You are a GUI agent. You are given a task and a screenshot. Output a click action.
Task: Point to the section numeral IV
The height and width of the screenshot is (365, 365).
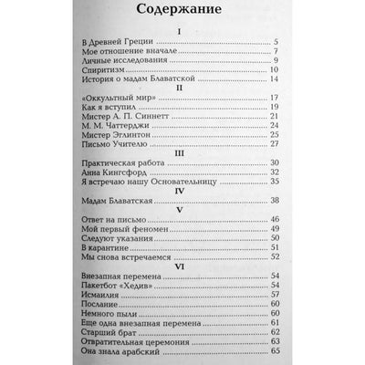point(182,214)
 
